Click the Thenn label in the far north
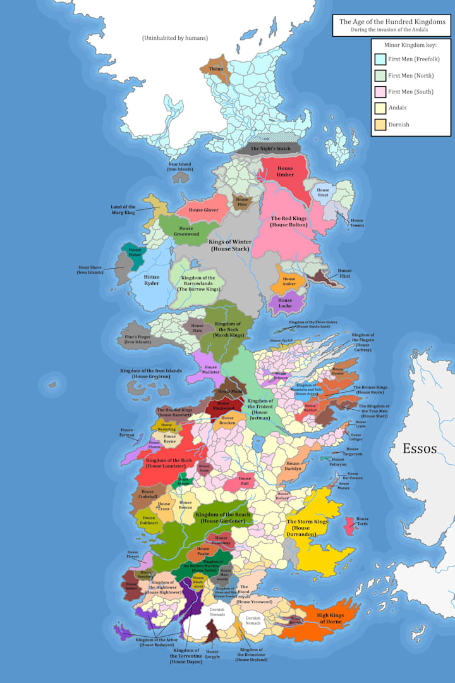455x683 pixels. [x=216, y=68]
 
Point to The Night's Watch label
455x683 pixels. [x=270, y=149]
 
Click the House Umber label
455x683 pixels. [x=285, y=171]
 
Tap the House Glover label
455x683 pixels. [x=203, y=210]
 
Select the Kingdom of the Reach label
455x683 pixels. [x=223, y=517]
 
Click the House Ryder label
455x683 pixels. [x=152, y=280]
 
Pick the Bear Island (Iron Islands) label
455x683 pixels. [x=179, y=167]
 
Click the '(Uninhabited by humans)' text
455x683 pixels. [x=175, y=39]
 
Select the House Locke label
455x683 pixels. [x=286, y=304]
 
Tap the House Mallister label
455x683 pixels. [x=210, y=370]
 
